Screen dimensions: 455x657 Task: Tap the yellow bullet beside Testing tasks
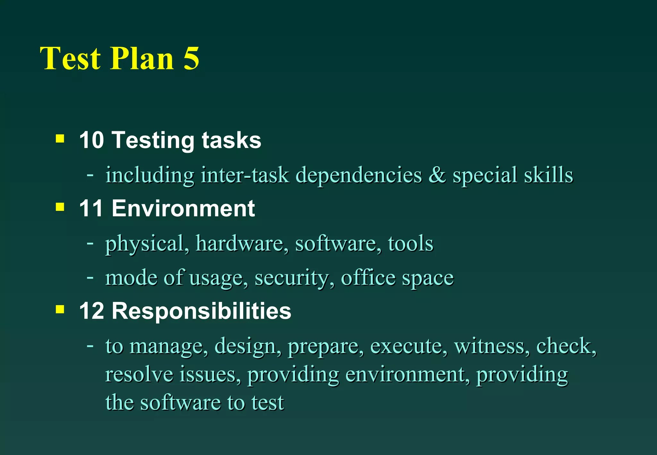pos(60,139)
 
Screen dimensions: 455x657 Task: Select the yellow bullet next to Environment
pos(60,207)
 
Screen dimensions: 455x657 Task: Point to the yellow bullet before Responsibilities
pos(60,309)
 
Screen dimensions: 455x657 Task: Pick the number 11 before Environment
pos(91,208)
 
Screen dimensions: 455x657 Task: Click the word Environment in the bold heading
pos(183,208)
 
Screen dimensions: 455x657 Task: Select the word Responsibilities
pos(201,311)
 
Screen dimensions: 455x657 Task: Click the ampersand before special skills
pos(437,175)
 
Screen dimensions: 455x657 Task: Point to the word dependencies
pos(358,175)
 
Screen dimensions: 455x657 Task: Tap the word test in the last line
pos(268,402)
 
